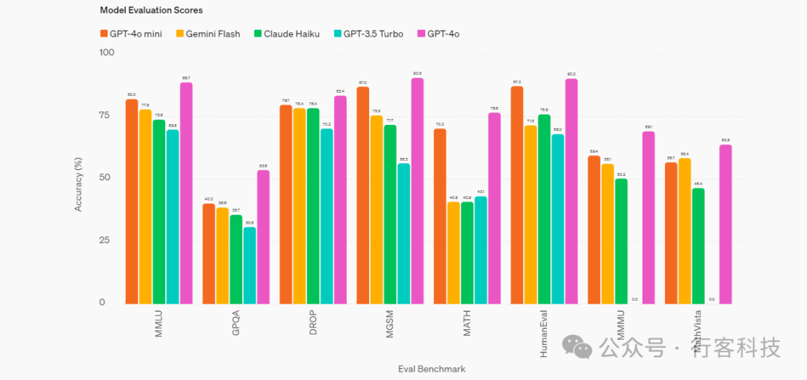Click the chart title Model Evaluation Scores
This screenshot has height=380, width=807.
point(151,10)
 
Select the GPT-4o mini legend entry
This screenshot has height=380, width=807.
point(134,34)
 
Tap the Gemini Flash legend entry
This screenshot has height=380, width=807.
point(208,34)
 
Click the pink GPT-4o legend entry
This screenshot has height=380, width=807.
point(442,34)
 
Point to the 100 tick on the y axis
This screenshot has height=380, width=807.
point(107,53)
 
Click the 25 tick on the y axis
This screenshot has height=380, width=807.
point(109,241)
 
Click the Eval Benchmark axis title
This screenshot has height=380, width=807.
point(431,369)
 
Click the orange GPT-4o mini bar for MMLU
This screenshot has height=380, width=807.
point(132,201)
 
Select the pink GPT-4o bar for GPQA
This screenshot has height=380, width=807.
point(263,236)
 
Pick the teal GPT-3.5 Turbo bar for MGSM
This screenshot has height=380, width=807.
point(403,233)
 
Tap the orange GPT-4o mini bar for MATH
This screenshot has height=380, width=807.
point(440,216)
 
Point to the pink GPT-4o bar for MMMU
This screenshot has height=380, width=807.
point(649,217)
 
